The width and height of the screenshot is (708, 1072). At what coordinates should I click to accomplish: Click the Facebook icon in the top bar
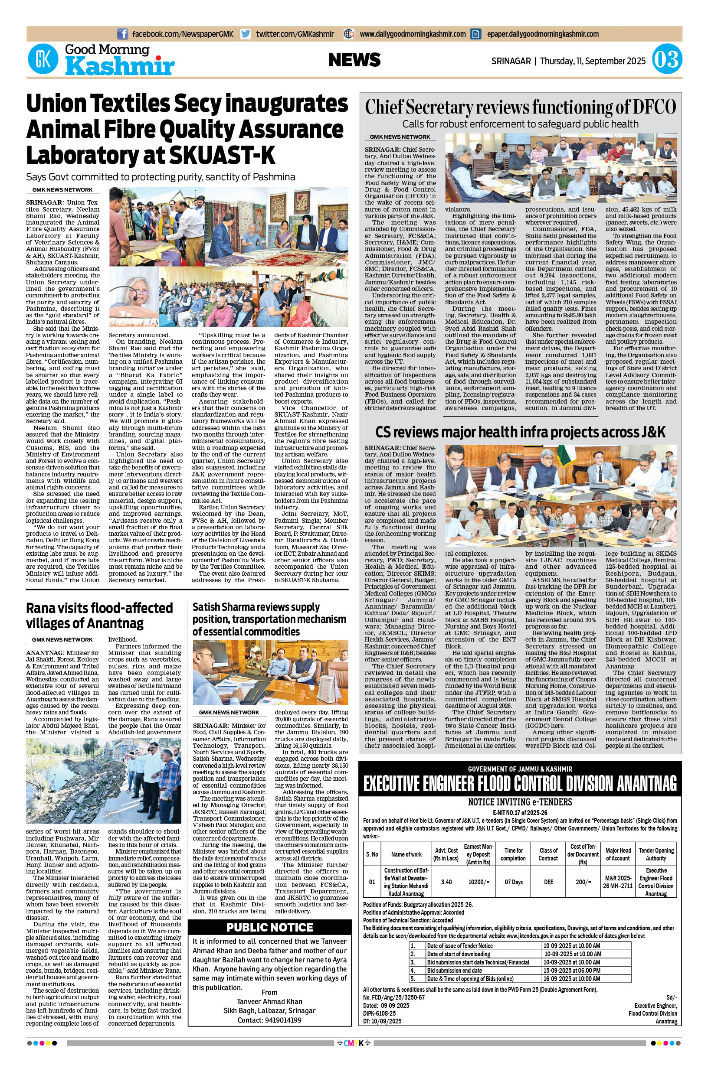tap(122, 34)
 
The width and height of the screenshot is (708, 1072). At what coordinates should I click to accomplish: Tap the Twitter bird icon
tap(246, 34)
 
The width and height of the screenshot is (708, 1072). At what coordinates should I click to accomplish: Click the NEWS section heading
tap(354, 60)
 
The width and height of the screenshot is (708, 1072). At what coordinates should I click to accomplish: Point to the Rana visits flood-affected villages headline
tap(99, 616)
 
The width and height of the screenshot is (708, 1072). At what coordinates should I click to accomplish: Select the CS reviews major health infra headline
tap(520, 432)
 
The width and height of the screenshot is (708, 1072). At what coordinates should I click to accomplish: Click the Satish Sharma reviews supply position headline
tap(269, 619)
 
